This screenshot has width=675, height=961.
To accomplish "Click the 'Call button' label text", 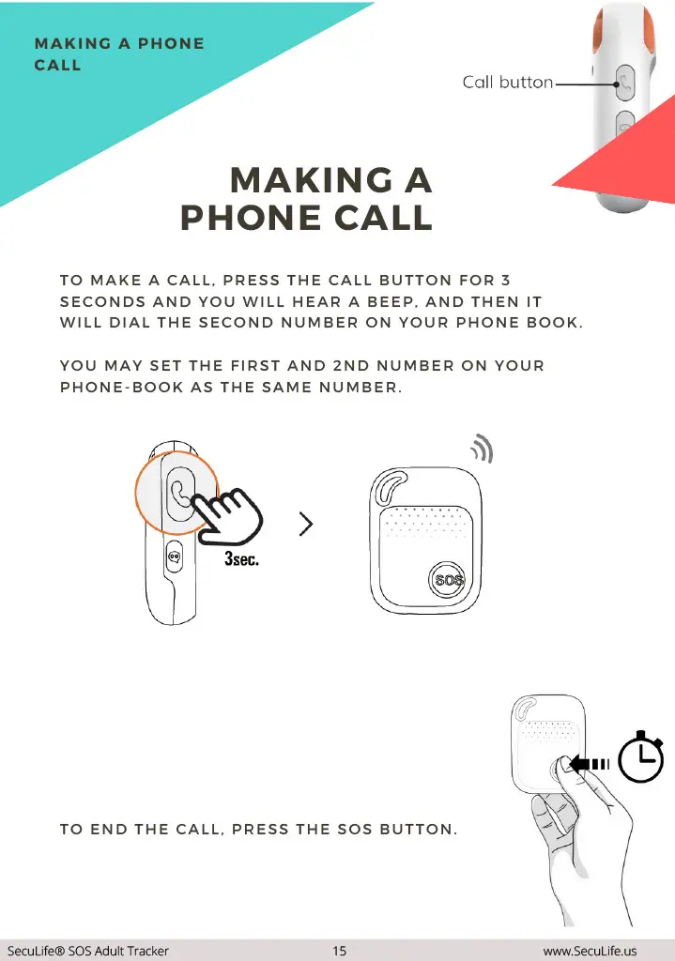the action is click(508, 83).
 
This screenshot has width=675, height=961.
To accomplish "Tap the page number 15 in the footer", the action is click(339, 951).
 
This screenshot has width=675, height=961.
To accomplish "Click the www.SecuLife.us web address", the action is click(590, 951).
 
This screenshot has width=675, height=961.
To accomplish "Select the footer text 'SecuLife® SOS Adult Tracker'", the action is click(87, 951).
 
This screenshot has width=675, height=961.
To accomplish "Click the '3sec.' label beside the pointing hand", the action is click(241, 558).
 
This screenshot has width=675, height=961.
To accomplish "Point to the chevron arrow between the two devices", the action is click(306, 524).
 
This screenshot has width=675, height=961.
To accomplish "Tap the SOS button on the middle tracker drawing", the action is click(448, 579).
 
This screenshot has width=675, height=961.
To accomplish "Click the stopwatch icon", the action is click(640, 757).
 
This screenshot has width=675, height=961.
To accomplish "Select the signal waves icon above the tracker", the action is click(483, 448).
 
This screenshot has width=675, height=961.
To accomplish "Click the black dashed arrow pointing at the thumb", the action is click(589, 764).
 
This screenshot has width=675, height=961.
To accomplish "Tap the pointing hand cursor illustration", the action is click(228, 515).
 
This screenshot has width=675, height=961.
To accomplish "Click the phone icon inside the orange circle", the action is click(179, 494).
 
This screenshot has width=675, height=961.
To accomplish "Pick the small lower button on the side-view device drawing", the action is click(174, 557).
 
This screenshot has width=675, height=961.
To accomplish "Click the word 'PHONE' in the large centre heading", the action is click(251, 218).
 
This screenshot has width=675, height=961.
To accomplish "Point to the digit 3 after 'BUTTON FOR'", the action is click(505, 280).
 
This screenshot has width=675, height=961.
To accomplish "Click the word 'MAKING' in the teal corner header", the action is click(73, 43).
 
